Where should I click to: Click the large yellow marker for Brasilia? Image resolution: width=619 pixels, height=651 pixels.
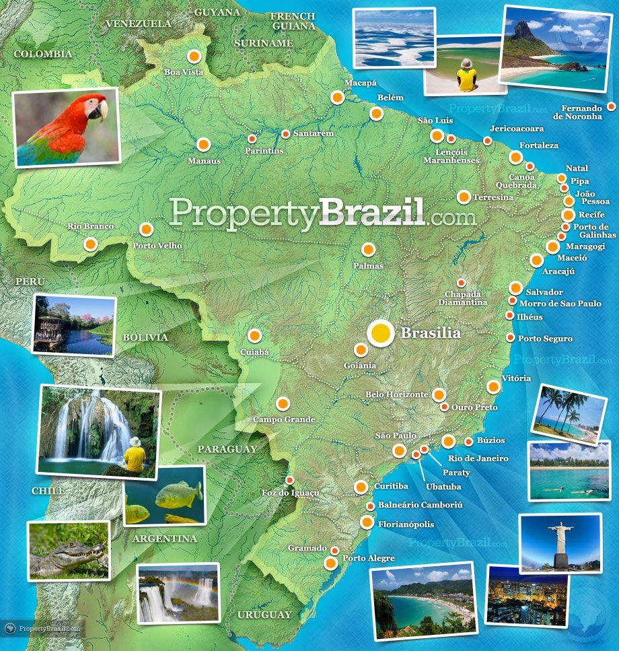(x=380, y=332)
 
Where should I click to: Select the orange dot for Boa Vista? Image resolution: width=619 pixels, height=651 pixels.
(x=194, y=57)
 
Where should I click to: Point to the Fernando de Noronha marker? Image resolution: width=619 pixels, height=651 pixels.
(x=611, y=106)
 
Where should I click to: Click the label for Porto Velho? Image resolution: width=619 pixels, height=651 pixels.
(x=157, y=246)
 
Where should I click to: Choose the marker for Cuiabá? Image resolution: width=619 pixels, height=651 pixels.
(x=254, y=335)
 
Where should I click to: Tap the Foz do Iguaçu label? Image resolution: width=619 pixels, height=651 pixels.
(x=290, y=493)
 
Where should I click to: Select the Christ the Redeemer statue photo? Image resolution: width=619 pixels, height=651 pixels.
(x=560, y=543)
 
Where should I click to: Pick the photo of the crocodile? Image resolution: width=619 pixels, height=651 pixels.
(x=69, y=550)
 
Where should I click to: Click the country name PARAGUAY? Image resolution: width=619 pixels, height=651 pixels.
(x=227, y=448)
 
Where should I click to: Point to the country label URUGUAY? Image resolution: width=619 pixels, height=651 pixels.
(x=264, y=614)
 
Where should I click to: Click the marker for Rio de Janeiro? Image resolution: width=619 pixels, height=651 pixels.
(x=448, y=441)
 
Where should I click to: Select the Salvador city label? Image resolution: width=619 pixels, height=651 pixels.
(x=544, y=292)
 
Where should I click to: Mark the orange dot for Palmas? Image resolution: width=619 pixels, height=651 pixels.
(x=368, y=250)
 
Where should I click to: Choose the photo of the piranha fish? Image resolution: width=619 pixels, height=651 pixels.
(x=165, y=495)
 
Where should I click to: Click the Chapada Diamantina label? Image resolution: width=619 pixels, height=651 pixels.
(x=463, y=298)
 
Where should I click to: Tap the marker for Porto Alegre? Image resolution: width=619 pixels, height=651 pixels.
(x=331, y=563)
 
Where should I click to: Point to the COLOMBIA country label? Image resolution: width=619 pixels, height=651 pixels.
(x=42, y=54)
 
